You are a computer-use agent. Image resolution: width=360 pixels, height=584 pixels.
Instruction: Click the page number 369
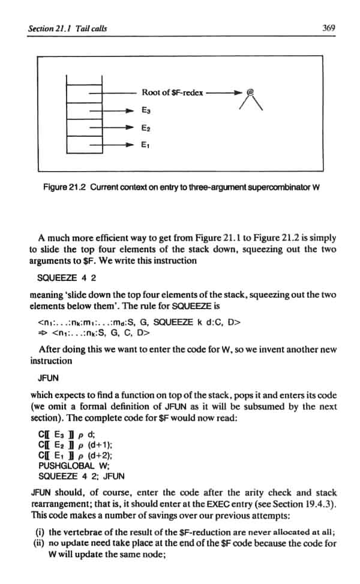(328, 28)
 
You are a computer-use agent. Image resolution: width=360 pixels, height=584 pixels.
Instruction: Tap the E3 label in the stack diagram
(146, 110)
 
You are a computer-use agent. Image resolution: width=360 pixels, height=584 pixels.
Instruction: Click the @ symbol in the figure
(251, 94)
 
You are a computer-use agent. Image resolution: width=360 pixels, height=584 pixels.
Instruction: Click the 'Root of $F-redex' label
(172, 93)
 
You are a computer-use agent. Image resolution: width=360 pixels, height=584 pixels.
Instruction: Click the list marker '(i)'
(38, 531)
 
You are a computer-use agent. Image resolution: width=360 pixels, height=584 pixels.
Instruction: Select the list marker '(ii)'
(38, 542)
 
